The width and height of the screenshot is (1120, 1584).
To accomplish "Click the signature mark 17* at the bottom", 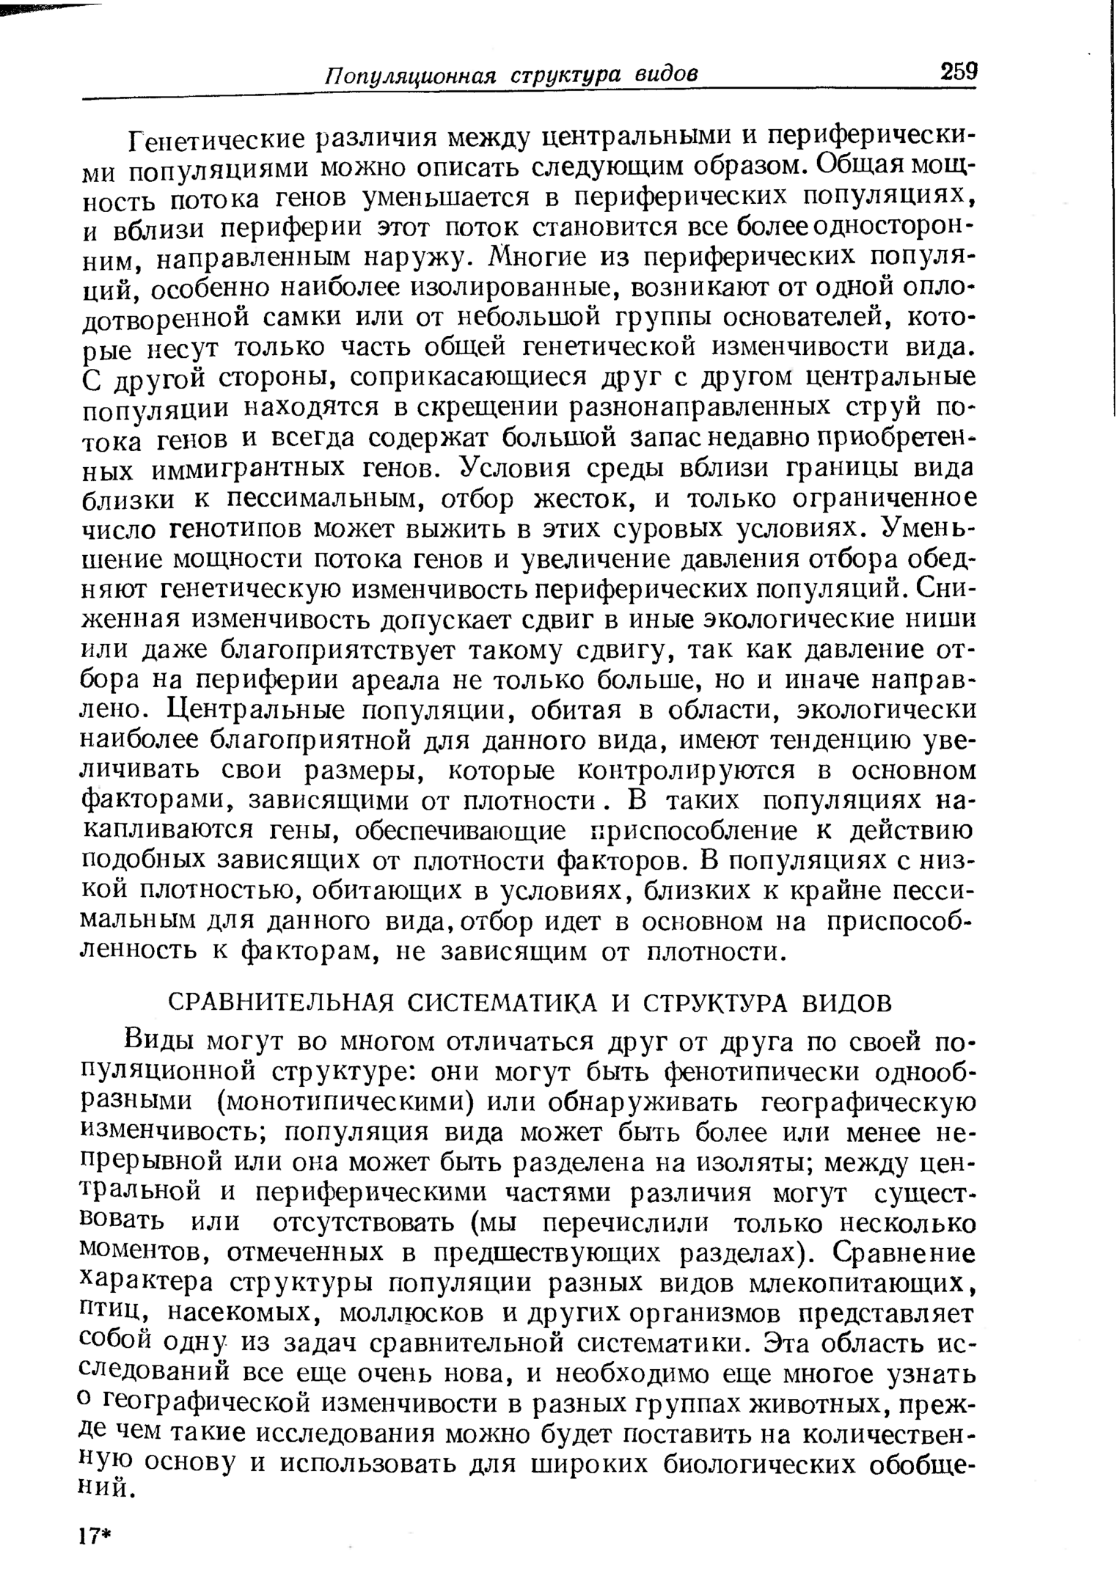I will [x=96, y=1537].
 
